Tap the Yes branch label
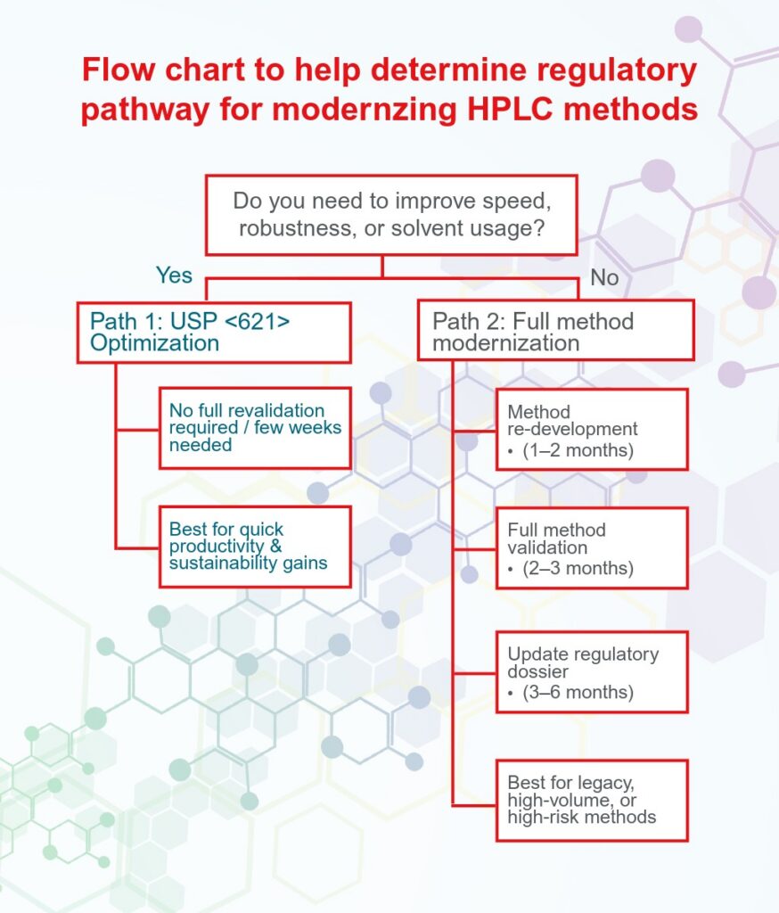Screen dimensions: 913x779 pyautogui.click(x=174, y=275)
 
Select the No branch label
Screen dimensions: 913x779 pyautogui.click(x=604, y=277)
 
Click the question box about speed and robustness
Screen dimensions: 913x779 pyautogui.click(x=382, y=215)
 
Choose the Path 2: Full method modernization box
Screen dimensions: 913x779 pyautogui.click(x=555, y=330)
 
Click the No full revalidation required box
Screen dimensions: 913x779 pyautogui.click(x=255, y=428)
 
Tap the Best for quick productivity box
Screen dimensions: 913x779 pyautogui.click(x=255, y=546)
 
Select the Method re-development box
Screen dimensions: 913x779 pyautogui.click(x=592, y=429)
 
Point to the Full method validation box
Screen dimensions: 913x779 pyautogui.click(x=592, y=547)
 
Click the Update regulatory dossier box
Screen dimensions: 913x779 pyautogui.click(x=592, y=671)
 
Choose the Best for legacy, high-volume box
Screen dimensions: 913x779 pyautogui.click(x=592, y=800)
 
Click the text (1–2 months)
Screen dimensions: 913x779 pyautogui.click(x=578, y=450)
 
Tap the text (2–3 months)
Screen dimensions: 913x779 pyautogui.click(x=578, y=569)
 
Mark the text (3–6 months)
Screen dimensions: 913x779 pyautogui.click(x=578, y=692)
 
